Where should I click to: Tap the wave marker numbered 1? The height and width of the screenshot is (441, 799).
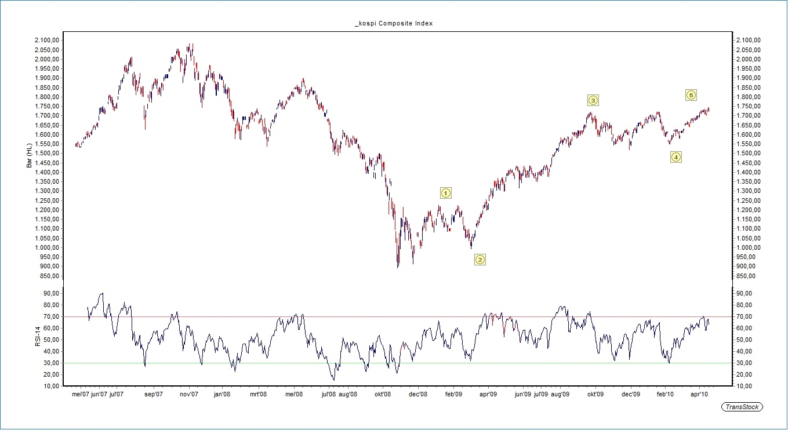point(445,192)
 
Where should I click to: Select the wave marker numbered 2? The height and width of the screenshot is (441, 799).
point(480,260)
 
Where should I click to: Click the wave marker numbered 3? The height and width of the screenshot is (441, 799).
point(593,100)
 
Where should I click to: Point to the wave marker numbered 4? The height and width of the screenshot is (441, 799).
point(675,156)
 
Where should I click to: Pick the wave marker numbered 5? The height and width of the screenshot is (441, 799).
point(691,95)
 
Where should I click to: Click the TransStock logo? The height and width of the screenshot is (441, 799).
point(742,407)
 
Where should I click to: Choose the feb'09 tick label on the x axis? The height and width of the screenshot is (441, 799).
point(453,395)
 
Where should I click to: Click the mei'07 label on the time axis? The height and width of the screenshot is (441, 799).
point(80,395)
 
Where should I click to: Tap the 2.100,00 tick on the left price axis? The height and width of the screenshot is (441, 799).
point(46,40)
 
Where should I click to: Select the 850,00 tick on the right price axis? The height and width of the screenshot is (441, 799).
point(745,276)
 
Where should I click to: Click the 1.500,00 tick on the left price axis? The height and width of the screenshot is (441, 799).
point(46,153)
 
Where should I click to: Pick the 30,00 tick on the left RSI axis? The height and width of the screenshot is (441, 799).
point(50,363)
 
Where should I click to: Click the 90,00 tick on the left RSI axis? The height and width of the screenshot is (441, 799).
point(50,293)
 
